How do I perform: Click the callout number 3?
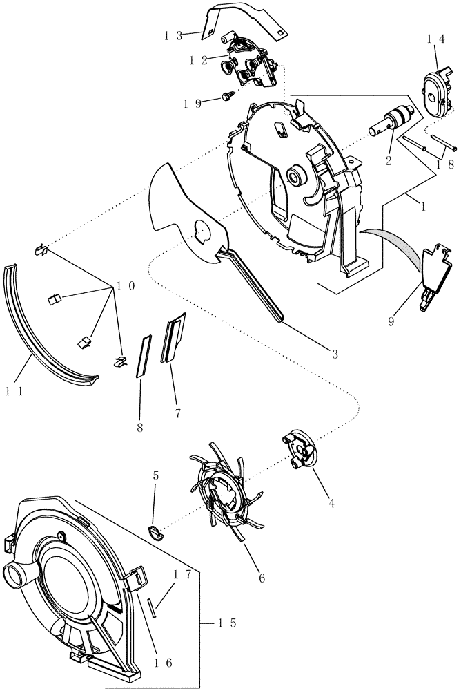[334, 354]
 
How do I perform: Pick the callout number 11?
[15, 391]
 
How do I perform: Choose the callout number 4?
[331, 504]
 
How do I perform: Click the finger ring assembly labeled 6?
[221, 493]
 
